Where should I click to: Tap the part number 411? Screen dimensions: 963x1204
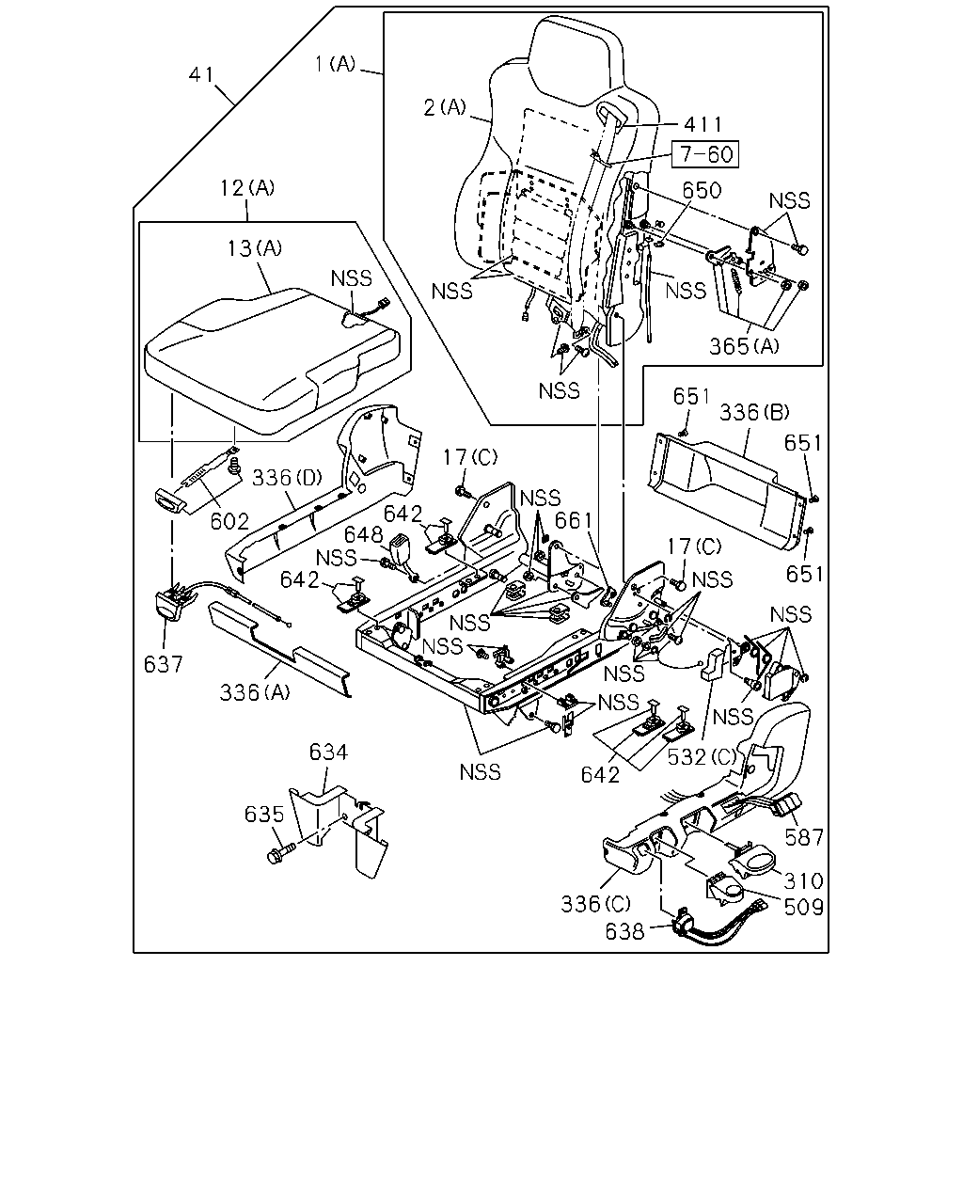coord(703,124)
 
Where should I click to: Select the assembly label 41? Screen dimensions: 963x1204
coord(201,74)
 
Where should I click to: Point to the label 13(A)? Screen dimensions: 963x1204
coord(254,247)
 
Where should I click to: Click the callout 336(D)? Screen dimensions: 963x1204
coord(287,478)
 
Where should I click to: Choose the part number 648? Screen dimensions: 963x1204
coord(363,535)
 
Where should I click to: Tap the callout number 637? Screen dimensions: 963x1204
coord(163,664)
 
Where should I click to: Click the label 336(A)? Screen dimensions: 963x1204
coord(255,692)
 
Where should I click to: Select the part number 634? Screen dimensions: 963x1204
coord(328,752)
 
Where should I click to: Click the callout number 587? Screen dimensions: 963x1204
coord(804,837)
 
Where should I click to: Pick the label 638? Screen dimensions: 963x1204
coord(624,932)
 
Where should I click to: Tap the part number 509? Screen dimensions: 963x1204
coord(804,908)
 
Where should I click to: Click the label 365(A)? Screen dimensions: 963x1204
coord(744,347)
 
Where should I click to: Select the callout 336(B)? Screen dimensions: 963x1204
coord(754,413)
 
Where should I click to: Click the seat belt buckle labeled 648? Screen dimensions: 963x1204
coord(401,549)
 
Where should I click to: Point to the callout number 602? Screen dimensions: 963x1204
coord(229,521)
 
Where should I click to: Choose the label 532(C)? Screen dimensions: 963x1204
coord(703,757)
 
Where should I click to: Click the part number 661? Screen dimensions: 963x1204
coord(573,521)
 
